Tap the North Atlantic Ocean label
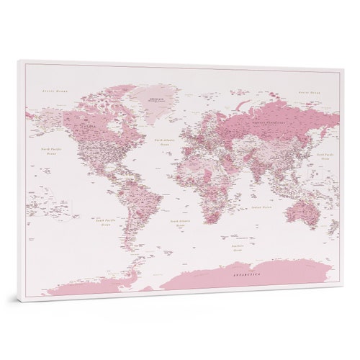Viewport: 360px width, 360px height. pyautogui.click(x=166, y=143)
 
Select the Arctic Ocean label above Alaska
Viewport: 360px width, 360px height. pyautogui.click(x=54, y=91)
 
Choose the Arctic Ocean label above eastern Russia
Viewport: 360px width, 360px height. pyautogui.click(x=310, y=94)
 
